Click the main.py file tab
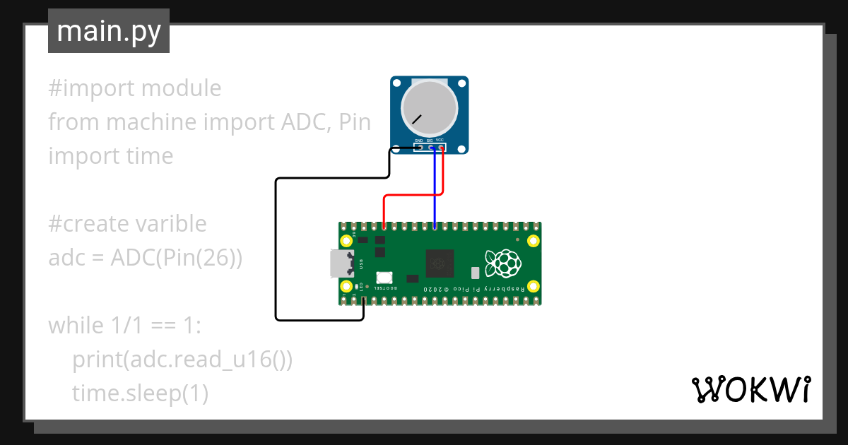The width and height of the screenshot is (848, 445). [109, 31]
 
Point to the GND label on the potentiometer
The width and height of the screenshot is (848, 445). [418, 141]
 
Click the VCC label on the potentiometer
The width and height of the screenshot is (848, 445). [440, 140]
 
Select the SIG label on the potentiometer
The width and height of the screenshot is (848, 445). [430, 141]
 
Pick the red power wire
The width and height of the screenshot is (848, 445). [413, 195]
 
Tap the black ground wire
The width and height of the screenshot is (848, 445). [276, 247]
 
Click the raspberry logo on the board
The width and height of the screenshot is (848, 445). [502, 263]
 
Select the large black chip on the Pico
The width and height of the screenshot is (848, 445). [442, 263]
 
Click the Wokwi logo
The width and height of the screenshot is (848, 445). [750, 389]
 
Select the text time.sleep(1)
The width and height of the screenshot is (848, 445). [140, 393]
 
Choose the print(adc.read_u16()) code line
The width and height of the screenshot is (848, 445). [182, 360]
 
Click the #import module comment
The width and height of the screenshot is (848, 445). [134, 88]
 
